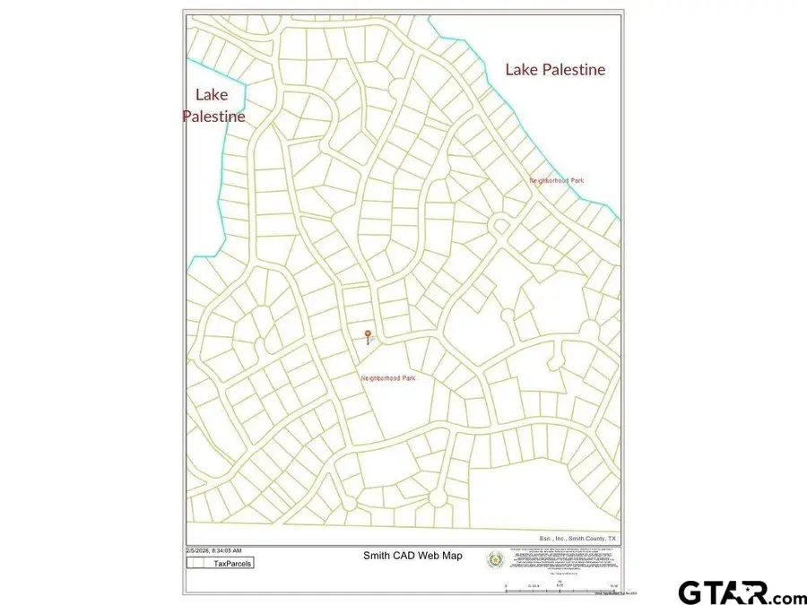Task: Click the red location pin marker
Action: pos(367,336)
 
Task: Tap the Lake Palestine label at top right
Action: pos(555,69)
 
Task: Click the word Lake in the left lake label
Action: pos(212,95)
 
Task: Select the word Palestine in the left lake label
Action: pos(214,117)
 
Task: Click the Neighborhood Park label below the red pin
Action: pos(388,379)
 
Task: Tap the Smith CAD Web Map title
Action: pos(412,556)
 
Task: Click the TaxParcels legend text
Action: pos(232,564)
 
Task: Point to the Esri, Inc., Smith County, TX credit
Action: pos(575,538)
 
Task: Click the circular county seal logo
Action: pos(493,560)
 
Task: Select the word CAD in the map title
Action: pos(405,556)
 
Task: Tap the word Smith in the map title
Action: pos(377,556)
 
